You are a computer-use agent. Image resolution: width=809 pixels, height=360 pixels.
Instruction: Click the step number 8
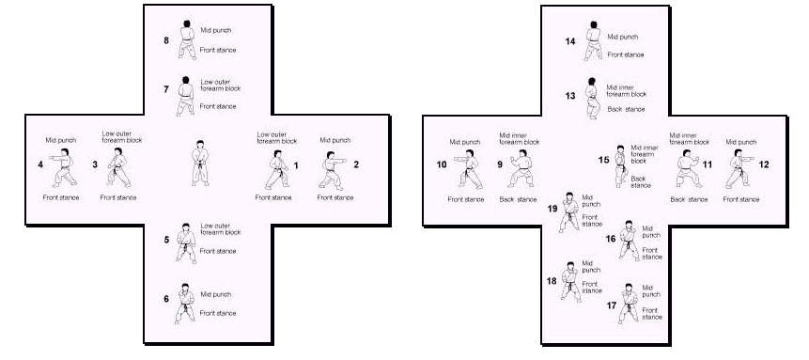(x=166, y=39)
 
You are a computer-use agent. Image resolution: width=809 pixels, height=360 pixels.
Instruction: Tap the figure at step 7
(x=186, y=96)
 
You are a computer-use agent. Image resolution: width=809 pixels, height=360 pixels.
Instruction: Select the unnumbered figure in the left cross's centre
(x=200, y=163)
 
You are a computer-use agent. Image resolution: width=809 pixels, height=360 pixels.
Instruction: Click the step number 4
(x=40, y=164)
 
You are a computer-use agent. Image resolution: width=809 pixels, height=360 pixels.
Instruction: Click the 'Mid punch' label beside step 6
(x=216, y=294)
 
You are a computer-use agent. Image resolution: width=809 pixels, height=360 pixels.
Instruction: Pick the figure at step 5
(x=186, y=243)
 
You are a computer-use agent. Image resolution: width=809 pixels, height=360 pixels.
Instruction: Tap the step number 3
(x=95, y=164)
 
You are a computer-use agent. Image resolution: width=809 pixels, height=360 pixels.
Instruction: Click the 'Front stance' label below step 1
(x=272, y=197)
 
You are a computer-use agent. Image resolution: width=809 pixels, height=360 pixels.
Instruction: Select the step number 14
(x=570, y=42)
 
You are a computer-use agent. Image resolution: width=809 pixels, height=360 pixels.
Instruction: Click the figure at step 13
(x=593, y=99)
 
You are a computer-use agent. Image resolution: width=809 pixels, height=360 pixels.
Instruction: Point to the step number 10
(x=442, y=164)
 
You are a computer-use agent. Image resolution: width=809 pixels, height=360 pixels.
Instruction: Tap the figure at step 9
(x=521, y=168)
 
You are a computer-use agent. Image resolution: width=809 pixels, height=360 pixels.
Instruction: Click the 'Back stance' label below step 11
(x=690, y=199)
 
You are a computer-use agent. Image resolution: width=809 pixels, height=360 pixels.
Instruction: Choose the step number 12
(x=764, y=164)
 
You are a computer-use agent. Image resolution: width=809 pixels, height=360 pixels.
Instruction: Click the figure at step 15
(x=621, y=165)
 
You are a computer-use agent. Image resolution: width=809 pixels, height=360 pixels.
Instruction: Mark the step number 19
(x=552, y=209)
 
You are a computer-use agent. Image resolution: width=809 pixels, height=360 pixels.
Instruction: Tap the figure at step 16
(x=629, y=241)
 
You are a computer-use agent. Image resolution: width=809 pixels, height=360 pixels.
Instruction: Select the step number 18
(x=552, y=281)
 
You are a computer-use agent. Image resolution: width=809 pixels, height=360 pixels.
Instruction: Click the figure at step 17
(x=629, y=304)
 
